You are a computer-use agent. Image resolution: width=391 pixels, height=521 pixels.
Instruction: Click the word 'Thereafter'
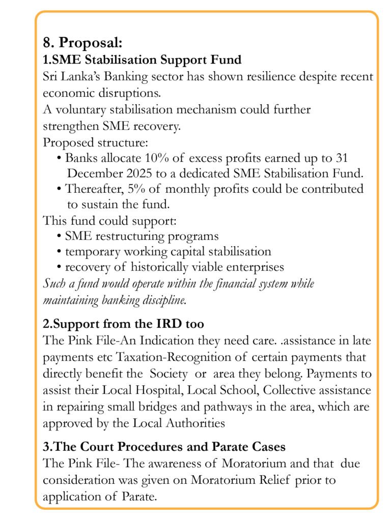coord(94,189)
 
